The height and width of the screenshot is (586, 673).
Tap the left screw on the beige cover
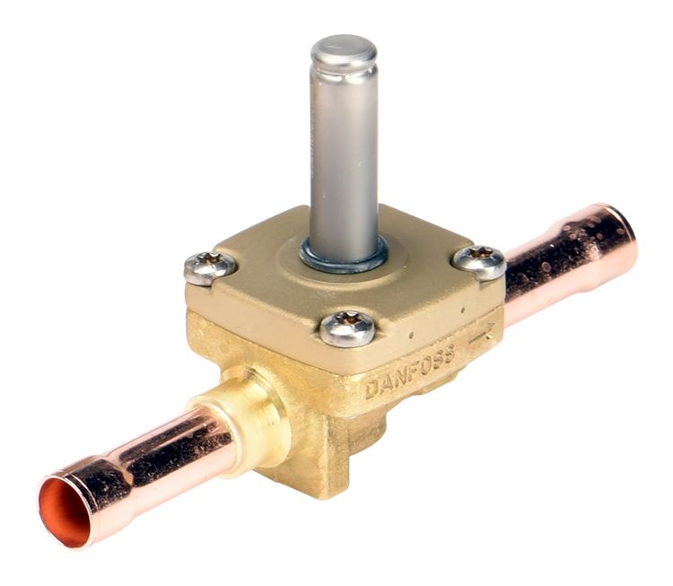[210, 268]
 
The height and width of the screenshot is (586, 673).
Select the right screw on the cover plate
[480, 261]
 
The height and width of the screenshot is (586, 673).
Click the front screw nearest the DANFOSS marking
[347, 328]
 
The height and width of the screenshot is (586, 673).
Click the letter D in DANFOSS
[373, 389]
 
